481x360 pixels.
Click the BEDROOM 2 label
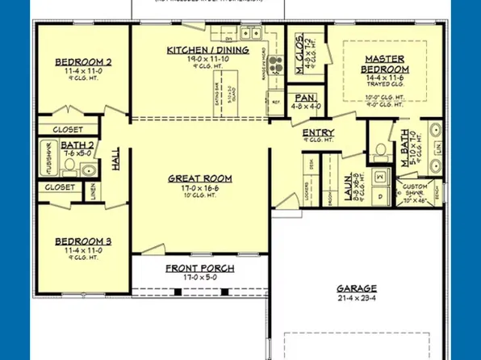pos(83,62)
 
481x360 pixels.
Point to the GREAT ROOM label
pos(200,178)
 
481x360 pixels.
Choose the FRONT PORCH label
pos(200,268)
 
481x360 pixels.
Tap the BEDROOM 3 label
pos(83,241)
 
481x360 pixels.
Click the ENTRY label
pos(319,133)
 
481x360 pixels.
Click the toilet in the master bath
pos(380,150)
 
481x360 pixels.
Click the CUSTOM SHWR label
pos(416,188)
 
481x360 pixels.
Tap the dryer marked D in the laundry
pos(379,196)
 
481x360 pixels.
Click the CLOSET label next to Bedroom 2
pos(69,129)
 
